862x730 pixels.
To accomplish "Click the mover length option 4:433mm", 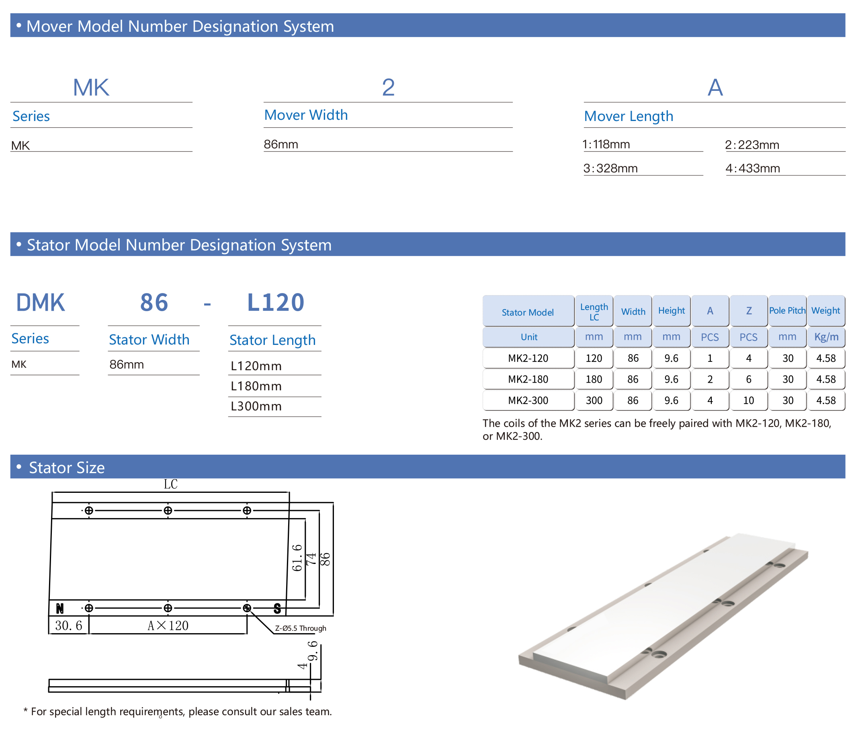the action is tap(752, 168).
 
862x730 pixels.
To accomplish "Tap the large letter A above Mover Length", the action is tap(715, 87).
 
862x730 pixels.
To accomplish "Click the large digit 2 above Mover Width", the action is tap(388, 87).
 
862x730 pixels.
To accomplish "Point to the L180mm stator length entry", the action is tap(256, 386).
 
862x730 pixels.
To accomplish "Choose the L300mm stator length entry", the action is tap(256, 406).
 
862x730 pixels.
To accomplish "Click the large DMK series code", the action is tap(41, 303).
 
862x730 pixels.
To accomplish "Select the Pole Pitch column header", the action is tap(787, 310).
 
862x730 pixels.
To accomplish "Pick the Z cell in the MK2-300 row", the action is tap(748, 400).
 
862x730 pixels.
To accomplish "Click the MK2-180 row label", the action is tap(528, 379).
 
